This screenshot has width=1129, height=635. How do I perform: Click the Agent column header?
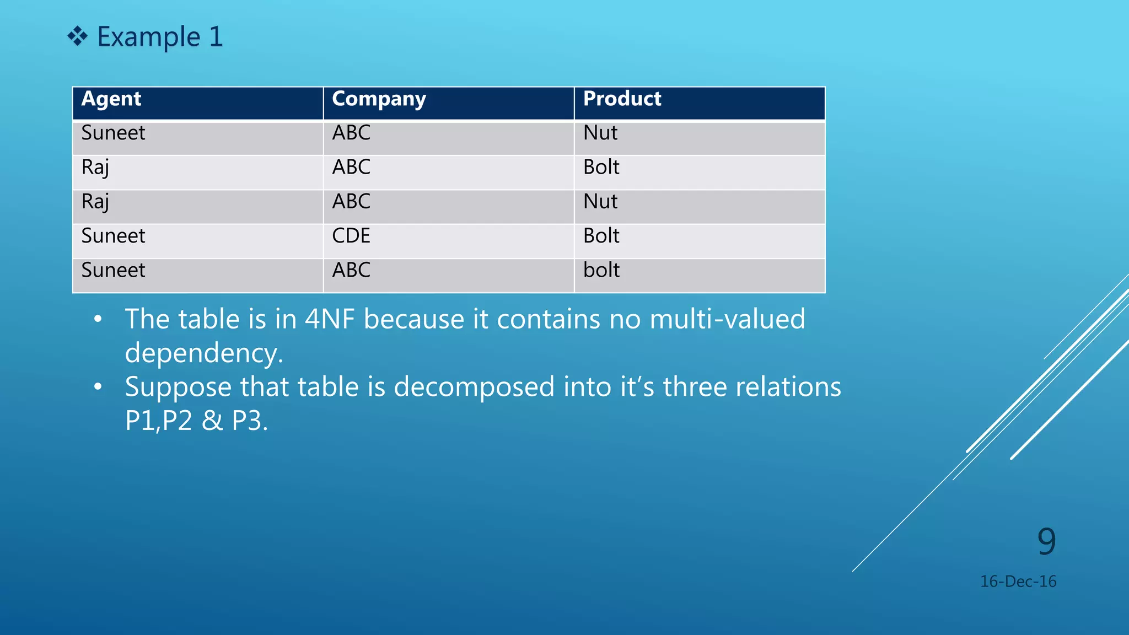pos(111,99)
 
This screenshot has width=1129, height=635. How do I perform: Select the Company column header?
pos(379,99)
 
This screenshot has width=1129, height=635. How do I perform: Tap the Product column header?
pos(622,99)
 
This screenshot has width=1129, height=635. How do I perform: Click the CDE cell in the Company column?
pos(351,236)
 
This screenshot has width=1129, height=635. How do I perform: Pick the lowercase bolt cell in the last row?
pos(601,270)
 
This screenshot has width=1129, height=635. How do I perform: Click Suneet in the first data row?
pos(113,133)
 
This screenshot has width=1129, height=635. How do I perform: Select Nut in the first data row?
pos(600,133)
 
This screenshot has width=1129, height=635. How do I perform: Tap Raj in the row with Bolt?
pos(95,168)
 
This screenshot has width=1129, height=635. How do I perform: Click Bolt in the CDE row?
pos(601,236)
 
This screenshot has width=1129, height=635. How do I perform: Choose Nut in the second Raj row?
pos(600,202)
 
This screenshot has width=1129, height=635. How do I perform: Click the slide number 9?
pos(1046,541)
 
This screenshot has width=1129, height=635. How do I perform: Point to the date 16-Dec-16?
pos(1018,582)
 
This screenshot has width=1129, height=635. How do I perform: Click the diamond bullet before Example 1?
pos(77,37)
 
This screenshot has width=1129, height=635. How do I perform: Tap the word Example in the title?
pos(148,37)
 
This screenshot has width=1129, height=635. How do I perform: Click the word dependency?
pos(203,353)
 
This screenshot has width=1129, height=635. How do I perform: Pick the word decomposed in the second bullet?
pos(474,387)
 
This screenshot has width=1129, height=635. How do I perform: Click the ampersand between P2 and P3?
pos(212,421)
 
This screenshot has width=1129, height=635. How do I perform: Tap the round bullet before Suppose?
pos(98,387)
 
